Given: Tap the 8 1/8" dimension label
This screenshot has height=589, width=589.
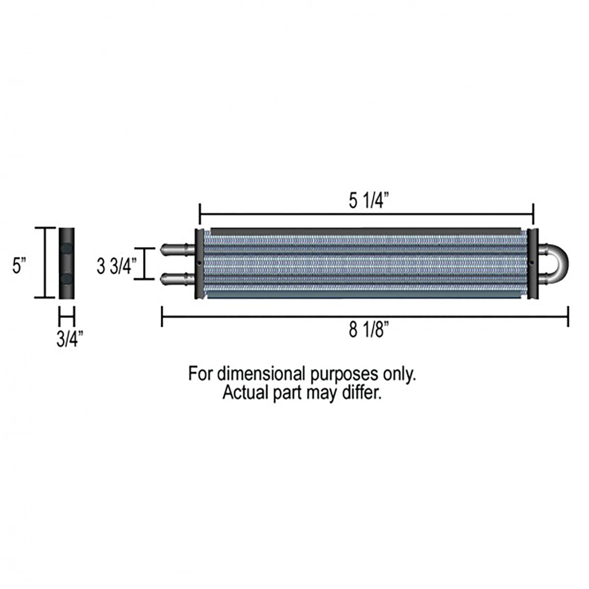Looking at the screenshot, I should tap(366, 330).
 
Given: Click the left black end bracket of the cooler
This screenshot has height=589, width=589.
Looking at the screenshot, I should tap(199, 264).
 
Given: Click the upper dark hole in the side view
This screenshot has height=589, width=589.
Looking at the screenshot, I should tap(66, 249).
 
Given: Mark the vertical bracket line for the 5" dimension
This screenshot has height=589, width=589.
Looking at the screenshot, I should tap(45, 263).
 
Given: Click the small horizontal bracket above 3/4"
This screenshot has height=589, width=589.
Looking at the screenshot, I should tap(66, 316).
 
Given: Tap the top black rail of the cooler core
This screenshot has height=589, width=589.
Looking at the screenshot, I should tap(366, 230).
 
